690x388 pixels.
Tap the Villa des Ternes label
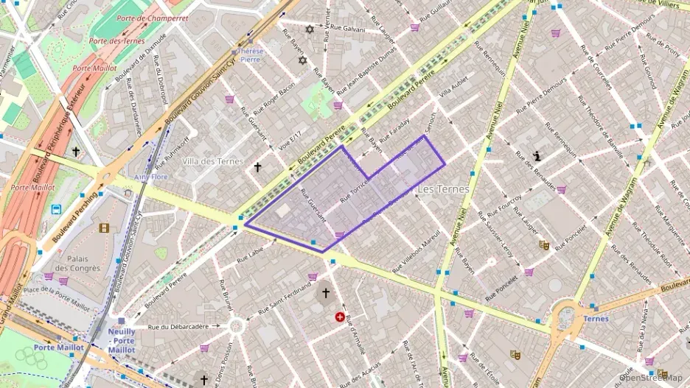click(x=213, y=161)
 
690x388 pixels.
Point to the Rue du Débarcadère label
click(x=178, y=326)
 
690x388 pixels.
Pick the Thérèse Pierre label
click(x=249, y=55)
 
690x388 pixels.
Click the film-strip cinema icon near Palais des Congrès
click(x=104, y=228)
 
